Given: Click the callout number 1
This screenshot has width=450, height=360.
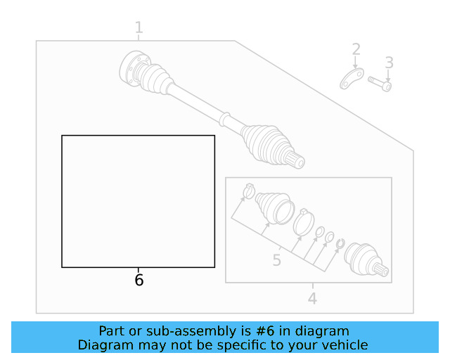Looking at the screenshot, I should pos(139,28).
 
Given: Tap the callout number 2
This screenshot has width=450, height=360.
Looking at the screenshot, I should pos(356,49).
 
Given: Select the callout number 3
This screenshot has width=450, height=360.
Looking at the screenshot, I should pos(389,63).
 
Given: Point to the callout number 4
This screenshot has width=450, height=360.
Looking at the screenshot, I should pos(312,299).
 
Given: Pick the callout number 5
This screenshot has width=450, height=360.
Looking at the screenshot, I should pos(276,261).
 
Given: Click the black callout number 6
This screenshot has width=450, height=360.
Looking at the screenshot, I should pos(139,281).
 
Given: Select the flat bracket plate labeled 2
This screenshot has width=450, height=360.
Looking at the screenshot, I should pos(351,79).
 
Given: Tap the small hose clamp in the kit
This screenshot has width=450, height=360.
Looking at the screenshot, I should pos(248,191).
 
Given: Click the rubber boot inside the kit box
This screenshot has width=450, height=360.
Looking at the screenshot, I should pos(274,207).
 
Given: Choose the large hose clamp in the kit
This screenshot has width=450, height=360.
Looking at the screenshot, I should pos(304,221).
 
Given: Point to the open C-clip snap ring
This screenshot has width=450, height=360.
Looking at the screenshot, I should pos(340,245).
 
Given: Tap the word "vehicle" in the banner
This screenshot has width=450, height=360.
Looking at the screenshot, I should pos(344,345).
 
